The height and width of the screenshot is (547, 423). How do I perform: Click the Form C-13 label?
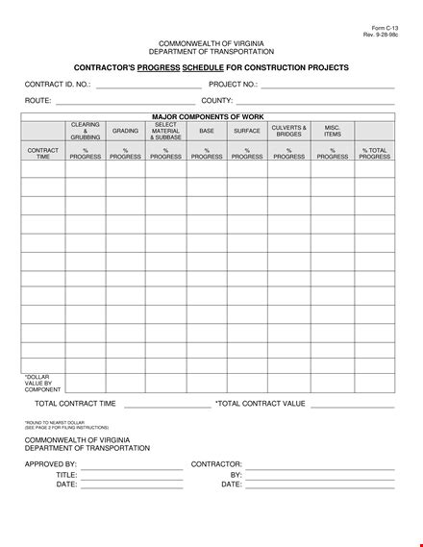point(385,29)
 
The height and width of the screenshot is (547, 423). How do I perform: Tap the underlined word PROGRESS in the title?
point(158,67)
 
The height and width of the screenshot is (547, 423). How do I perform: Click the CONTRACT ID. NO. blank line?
point(149,87)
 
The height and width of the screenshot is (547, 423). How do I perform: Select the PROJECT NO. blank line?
point(328,87)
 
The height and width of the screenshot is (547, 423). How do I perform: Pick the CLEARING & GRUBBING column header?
point(86,131)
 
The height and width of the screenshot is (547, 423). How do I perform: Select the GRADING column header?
point(125,131)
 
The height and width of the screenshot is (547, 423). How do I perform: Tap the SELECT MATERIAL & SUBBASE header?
point(165,131)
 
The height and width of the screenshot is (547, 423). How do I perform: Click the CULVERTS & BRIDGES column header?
point(288,131)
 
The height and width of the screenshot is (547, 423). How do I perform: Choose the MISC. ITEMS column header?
point(333,131)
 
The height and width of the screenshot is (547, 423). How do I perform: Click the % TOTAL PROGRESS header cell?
point(375,154)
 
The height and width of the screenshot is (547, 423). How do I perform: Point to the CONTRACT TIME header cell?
point(43,154)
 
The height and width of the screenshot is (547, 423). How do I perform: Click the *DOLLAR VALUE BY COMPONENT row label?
point(43,384)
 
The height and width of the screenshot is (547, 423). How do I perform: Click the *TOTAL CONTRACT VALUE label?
point(261,404)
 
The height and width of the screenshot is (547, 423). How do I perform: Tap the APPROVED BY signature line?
point(132,467)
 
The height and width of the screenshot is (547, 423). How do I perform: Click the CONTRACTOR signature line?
point(320,467)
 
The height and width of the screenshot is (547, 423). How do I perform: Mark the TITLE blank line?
point(132,478)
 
